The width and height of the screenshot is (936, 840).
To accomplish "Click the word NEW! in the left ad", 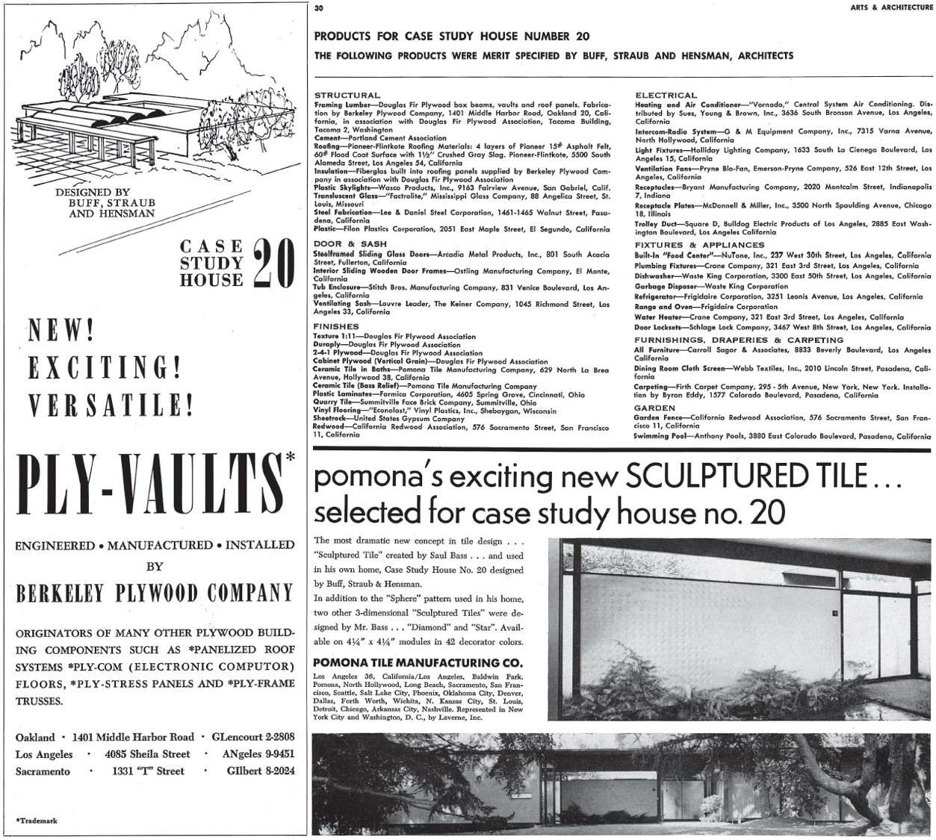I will (60, 330).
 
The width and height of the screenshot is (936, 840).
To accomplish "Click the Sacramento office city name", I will (43, 771).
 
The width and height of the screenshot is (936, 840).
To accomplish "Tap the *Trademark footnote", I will (37, 820).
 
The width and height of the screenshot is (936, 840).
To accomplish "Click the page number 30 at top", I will (319, 8).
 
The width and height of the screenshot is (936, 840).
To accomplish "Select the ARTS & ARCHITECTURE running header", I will (891, 7).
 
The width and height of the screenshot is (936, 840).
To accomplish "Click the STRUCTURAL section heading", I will (347, 96).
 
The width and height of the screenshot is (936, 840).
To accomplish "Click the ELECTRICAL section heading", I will (666, 96).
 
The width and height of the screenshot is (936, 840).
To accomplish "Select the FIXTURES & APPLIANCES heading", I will (699, 245).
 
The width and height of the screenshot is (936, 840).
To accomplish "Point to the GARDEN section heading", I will (654, 408).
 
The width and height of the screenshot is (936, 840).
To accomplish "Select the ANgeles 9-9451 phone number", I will (258, 754).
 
